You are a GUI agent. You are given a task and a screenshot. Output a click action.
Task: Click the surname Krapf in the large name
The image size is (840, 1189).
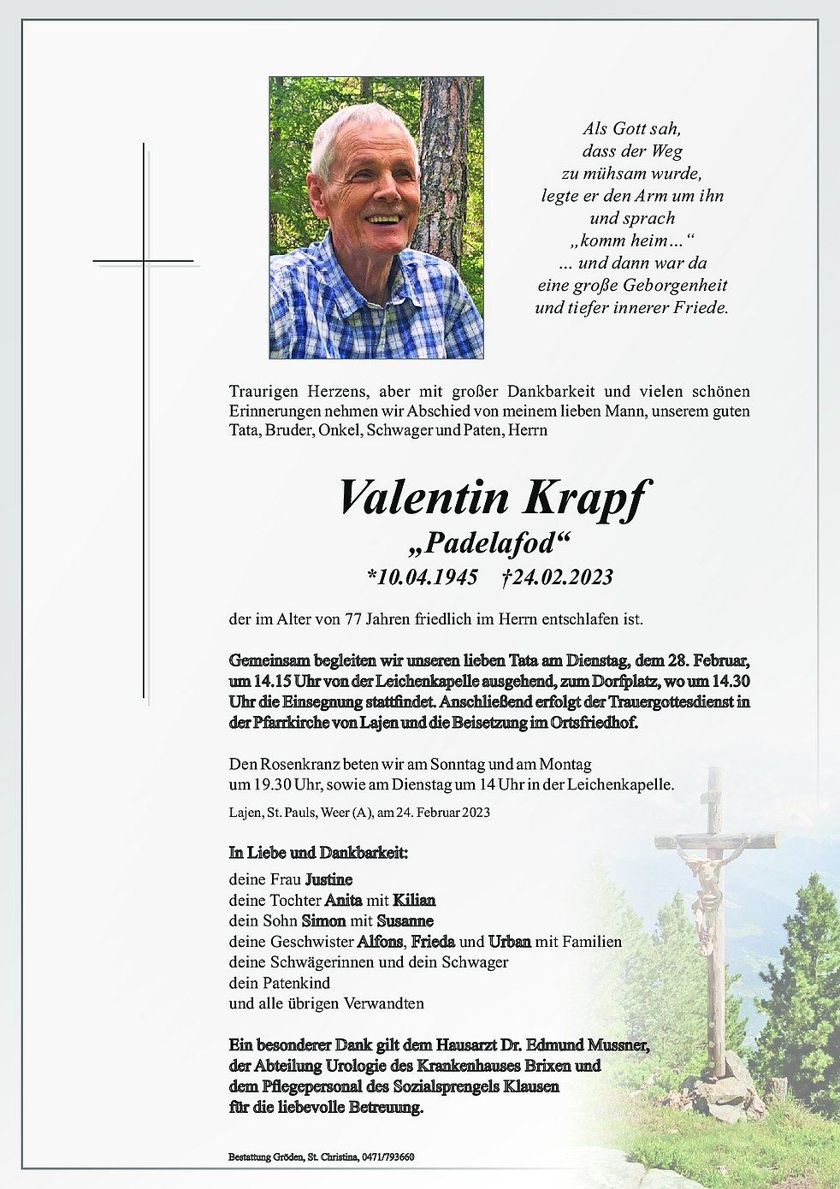point(587,498)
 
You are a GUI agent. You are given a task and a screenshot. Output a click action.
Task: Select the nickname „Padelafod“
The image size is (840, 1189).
point(490,543)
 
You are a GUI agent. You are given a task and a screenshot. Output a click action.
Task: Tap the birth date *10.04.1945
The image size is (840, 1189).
point(422,577)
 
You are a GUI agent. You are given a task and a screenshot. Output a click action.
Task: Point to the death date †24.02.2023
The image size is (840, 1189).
point(557,577)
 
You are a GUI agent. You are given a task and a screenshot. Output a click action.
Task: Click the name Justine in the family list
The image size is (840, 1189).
point(328,879)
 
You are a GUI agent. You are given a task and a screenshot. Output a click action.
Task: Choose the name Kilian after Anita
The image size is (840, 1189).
point(414,900)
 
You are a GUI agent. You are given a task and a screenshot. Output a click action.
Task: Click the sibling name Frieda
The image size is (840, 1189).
point(433,942)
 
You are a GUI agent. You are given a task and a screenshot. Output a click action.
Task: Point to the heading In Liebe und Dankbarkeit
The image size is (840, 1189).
point(318,853)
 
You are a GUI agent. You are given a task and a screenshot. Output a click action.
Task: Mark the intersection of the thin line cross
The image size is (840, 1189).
point(144,260)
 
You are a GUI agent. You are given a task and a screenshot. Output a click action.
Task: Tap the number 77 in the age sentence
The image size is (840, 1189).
point(353,618)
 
